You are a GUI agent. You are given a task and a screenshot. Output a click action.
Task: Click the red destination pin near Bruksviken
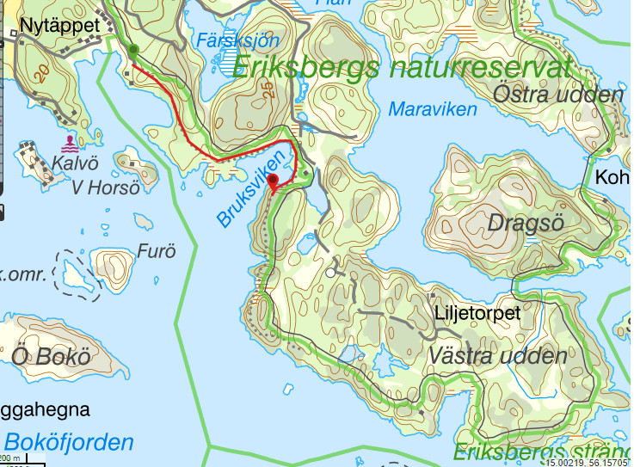tap(274, 181)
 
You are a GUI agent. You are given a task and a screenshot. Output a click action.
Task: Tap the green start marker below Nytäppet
tap(132, 52)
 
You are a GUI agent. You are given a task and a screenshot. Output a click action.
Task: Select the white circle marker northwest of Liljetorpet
tap(329, 273)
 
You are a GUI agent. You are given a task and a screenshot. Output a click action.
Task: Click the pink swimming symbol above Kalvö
tap(69, 141)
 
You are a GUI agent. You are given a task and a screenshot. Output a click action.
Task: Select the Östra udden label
tap(558, 95)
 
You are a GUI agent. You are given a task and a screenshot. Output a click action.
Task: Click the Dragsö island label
tap(525, 223)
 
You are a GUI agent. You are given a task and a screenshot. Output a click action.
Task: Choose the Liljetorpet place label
tap(477, 314)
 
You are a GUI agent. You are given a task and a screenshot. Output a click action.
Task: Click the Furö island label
tap(156, 251)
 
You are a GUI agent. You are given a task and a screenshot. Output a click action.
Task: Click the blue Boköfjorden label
tap(69, 443)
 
